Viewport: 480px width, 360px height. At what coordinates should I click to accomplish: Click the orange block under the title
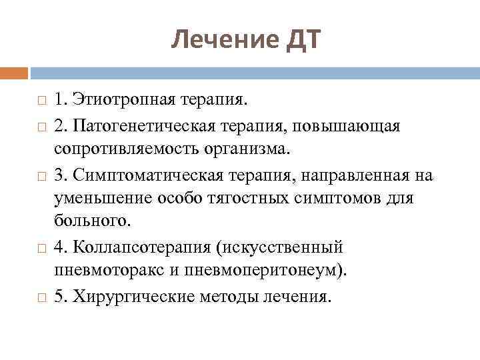coord(14,72)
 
